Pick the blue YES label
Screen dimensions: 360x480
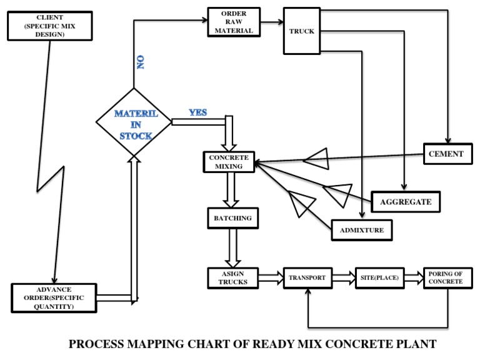pos(197,112)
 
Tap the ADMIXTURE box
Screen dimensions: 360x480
pos(362,231)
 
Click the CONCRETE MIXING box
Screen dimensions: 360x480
pos(229,161)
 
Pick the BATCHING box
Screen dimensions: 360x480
pos(232,218)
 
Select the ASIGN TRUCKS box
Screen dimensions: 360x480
pos(232,277)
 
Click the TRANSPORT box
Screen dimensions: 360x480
pos(307,277)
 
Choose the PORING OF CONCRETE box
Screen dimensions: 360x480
pos(445,277)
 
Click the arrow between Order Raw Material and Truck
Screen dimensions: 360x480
pos(270,22)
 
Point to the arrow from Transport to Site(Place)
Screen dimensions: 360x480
pos(342,276)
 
